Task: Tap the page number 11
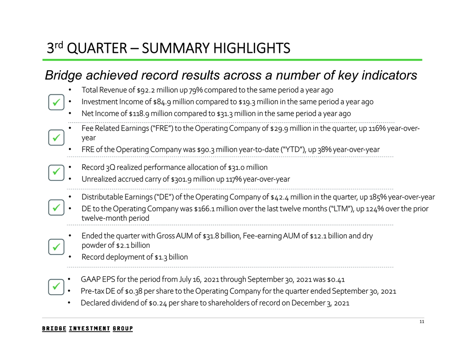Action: click(x=421, y=323)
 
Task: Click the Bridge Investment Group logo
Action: click(x=87, y=329)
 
